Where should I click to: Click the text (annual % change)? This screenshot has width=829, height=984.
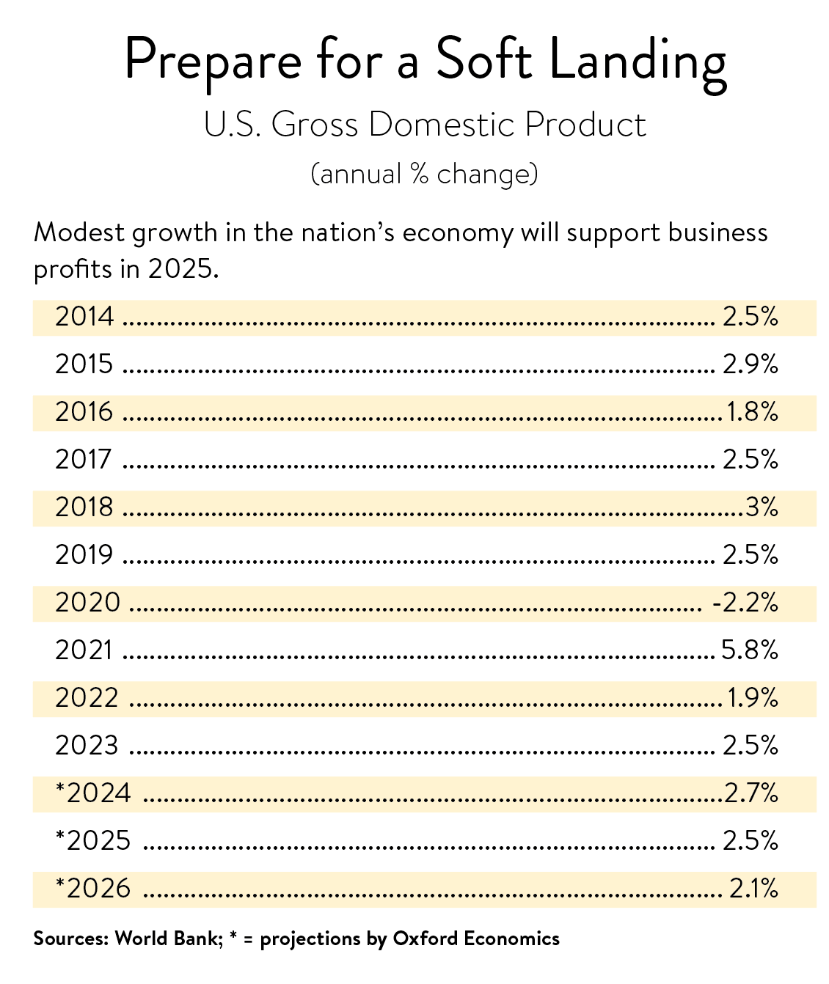pyautogui.click(x=424, y=175)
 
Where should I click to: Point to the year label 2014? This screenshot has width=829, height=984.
pyautogui.click(x=85, y=317)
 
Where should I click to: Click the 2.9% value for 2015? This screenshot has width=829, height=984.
pyautogui.click(x=750, y=364)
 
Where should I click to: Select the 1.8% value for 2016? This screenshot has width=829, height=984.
pyautogui.click(x=752, y=412)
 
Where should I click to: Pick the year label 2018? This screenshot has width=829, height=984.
pyautogui.click(x=85, y=507)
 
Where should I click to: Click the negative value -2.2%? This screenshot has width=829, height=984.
pyautogui.click(x=745, y=603)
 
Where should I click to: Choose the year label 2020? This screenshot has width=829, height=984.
pyautogui.click(x=87, y=603)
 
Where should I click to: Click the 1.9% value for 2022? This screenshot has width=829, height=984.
pyautogui.click(x=753, y=698)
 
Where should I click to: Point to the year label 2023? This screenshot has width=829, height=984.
pyautogui.click(x=87, y=746)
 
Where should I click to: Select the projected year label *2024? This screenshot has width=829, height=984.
pyautogui.click(x=93, y=793)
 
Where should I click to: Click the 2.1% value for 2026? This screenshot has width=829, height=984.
pyautogui.click(x=753, y=889)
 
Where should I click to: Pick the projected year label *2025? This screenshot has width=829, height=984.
pyautogui.click(x=93, y=841)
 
